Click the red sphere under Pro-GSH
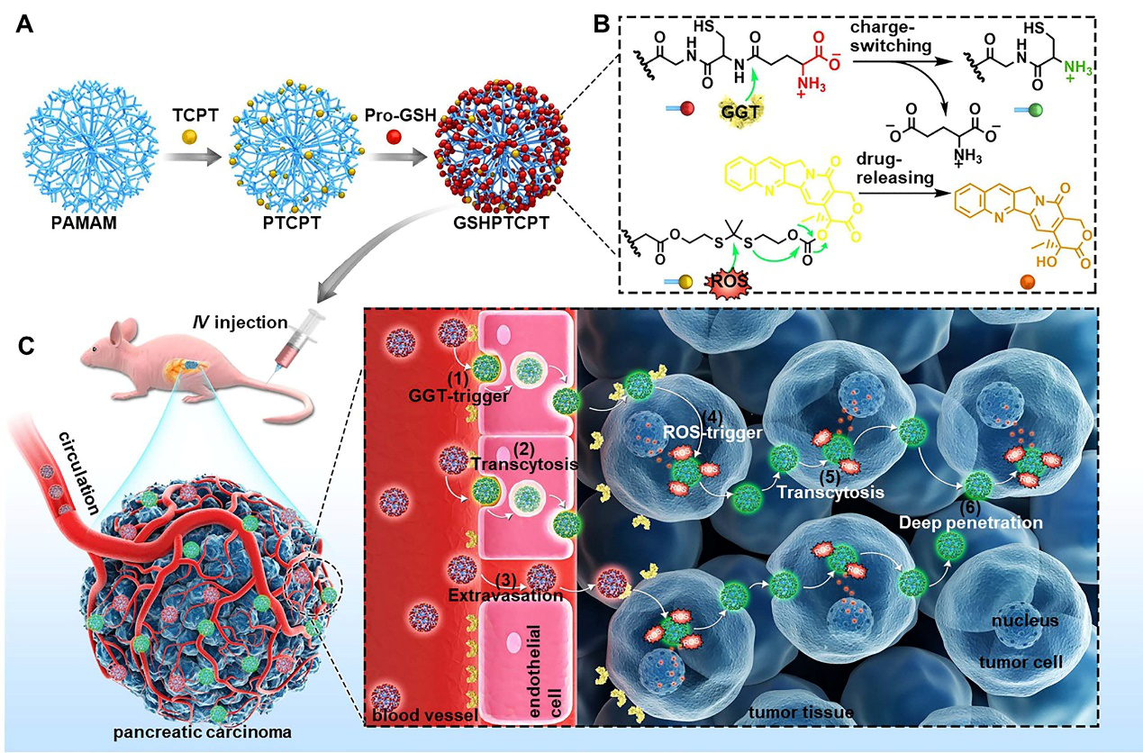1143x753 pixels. point(393,136)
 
